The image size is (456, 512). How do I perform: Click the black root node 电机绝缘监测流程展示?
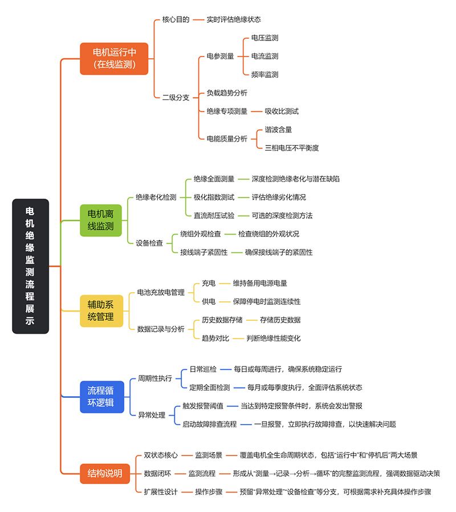coord(31,266)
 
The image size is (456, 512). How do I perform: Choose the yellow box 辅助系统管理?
coord(101,310)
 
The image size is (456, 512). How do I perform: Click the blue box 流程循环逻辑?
coord(100,397)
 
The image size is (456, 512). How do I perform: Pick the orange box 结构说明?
coord(105,473)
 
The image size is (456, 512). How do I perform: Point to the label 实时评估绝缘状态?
coord(234,19)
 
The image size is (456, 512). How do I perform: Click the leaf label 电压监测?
coord(265,38)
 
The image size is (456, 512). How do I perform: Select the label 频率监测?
coord(265,74)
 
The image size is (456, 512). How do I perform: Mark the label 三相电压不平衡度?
coord(292,147)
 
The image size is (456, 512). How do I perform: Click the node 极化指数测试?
coord(214,197)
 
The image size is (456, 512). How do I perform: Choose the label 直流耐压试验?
coord(214,215)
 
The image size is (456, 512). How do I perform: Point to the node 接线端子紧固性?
coord(203,252)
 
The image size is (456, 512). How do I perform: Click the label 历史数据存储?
coord(222,320)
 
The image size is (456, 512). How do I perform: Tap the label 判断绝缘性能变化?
coord(274,338)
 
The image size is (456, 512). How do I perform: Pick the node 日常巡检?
coord(203,369)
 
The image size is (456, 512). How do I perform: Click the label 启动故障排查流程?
coord(209,424)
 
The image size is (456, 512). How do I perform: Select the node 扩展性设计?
coord(161,491)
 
